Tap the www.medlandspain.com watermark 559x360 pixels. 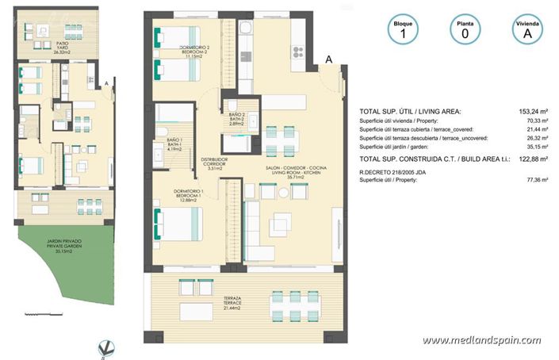click(487, 341)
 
